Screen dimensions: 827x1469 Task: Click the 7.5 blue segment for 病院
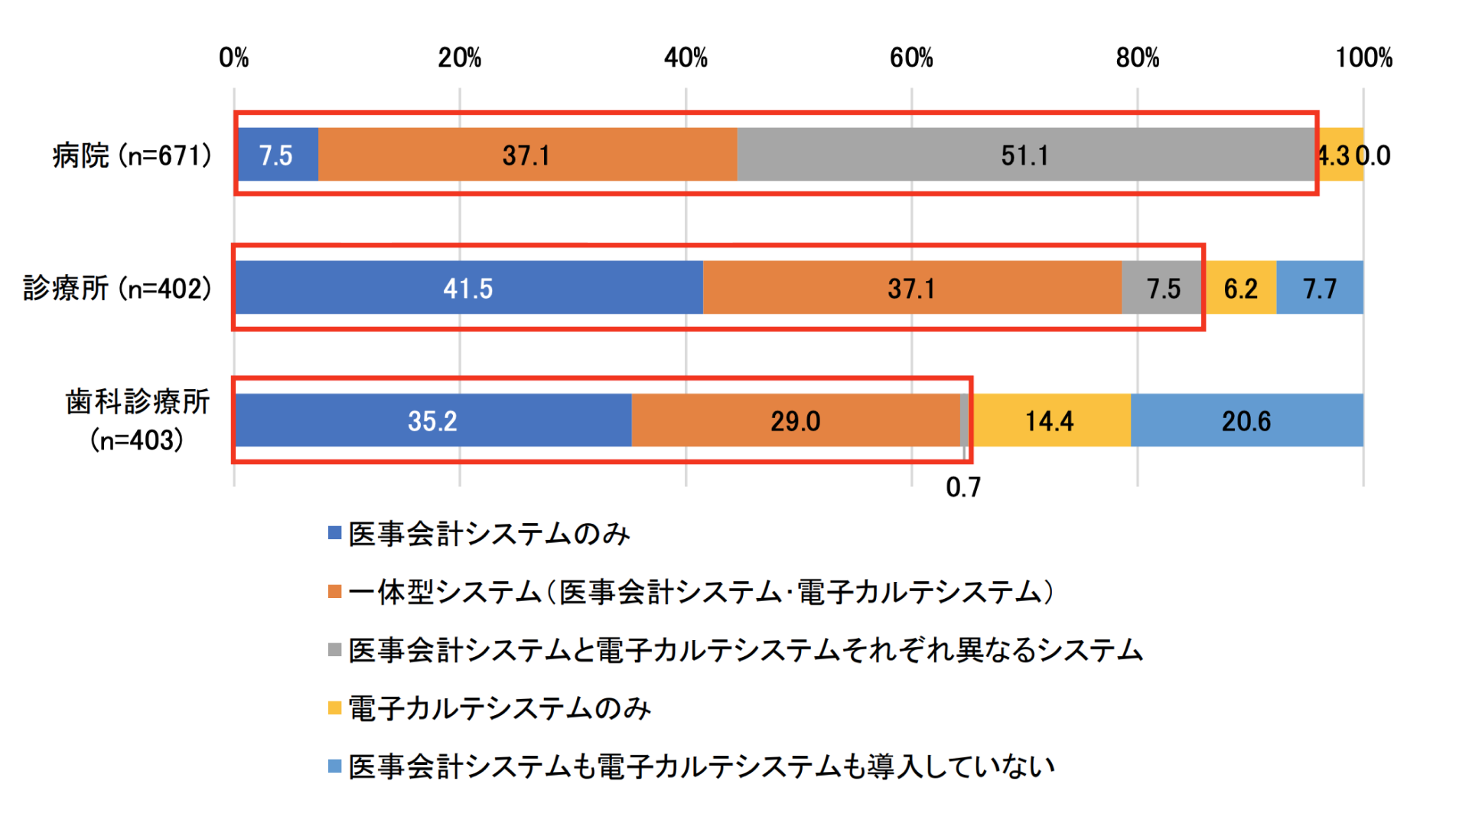[277, 155]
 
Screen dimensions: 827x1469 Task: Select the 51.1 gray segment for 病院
[1024, 155]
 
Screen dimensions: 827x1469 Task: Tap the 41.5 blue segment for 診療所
[468, 288]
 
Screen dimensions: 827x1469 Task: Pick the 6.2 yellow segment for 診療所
[1240, 288]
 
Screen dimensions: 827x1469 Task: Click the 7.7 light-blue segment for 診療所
[1320, 288]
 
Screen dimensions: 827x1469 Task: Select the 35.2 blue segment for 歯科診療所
[432, 420]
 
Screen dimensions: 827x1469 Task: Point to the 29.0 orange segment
[795, 420]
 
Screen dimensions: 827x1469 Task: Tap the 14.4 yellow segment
[1049, 420]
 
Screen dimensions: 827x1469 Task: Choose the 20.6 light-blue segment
[1246, 420]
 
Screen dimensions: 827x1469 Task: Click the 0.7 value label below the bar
[963, 487]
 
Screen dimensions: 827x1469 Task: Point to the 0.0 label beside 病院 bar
[1374, 155]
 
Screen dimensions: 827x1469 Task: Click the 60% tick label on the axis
[911, 57]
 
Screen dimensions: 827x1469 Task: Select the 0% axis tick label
[234, 57]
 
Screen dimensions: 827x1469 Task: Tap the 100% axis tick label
[1363, 57]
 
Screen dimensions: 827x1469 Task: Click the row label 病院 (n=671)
[132, 155]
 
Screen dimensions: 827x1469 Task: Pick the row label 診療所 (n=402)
[117, 288]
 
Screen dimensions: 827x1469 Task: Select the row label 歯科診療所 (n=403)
[138, 420]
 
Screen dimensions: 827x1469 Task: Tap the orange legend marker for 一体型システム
[334, 592]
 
